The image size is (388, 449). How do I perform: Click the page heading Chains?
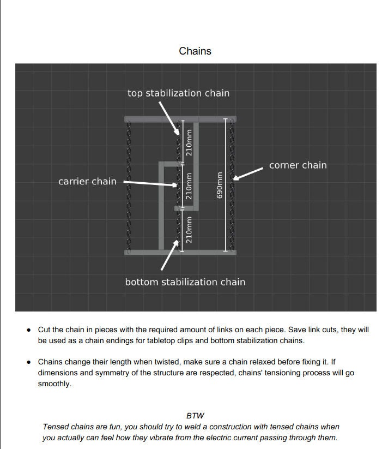pos(195,51)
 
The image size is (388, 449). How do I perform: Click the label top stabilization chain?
pos(178,93)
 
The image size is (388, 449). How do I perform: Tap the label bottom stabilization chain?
pos(185,282)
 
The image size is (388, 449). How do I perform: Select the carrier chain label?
pos(87,181)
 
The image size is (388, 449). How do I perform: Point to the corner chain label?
pos(298,165)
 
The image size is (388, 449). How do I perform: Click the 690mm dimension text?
pos(220,185)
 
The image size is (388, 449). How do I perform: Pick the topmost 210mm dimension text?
pos(189,142)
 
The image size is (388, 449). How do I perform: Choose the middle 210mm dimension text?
pos(189,185)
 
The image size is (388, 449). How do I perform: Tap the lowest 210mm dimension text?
pos(189,229)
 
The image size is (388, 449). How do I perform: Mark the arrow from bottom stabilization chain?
pos(169,255)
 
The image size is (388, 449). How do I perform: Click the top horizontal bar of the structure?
pos(180,118)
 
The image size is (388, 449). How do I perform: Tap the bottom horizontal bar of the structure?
pos(180,252)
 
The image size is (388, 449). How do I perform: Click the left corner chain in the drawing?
pos(129,185)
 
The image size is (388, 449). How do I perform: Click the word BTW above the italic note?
pos(195,416)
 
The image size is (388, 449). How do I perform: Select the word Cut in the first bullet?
pos(44,330)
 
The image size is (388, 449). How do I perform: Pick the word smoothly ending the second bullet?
pos(54,384)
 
